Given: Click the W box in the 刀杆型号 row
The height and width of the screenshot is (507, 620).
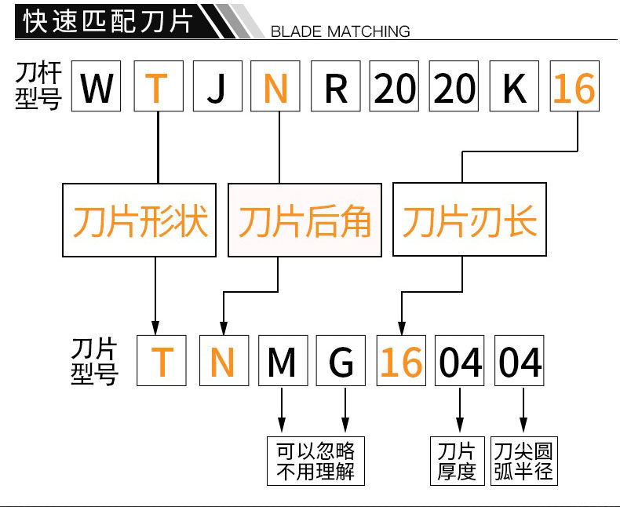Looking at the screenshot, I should pos(97,87).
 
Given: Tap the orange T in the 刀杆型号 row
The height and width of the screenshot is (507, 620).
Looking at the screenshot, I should pos(159,87).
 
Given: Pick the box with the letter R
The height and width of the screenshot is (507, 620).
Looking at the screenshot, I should pos(335,87).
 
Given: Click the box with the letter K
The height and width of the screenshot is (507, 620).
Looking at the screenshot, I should pos(514,87).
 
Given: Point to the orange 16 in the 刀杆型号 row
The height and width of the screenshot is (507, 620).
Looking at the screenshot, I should pos(574,87).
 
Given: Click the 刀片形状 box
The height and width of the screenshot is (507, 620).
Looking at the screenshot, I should pos(140,221).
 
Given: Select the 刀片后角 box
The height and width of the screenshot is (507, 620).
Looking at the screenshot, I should pos(305,221).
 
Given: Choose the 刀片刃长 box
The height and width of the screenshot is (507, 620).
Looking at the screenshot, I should pos(469,221).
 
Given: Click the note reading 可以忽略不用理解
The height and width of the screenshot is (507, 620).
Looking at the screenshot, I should pos(315,461).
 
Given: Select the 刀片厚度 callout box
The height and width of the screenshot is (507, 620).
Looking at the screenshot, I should pos(457,461).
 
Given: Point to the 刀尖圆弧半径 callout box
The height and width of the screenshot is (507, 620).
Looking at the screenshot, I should pos(523,461).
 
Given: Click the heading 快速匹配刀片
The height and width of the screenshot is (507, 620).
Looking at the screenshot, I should pos(108,21).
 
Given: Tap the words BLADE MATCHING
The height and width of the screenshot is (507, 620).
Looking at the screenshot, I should pos(340,31).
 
